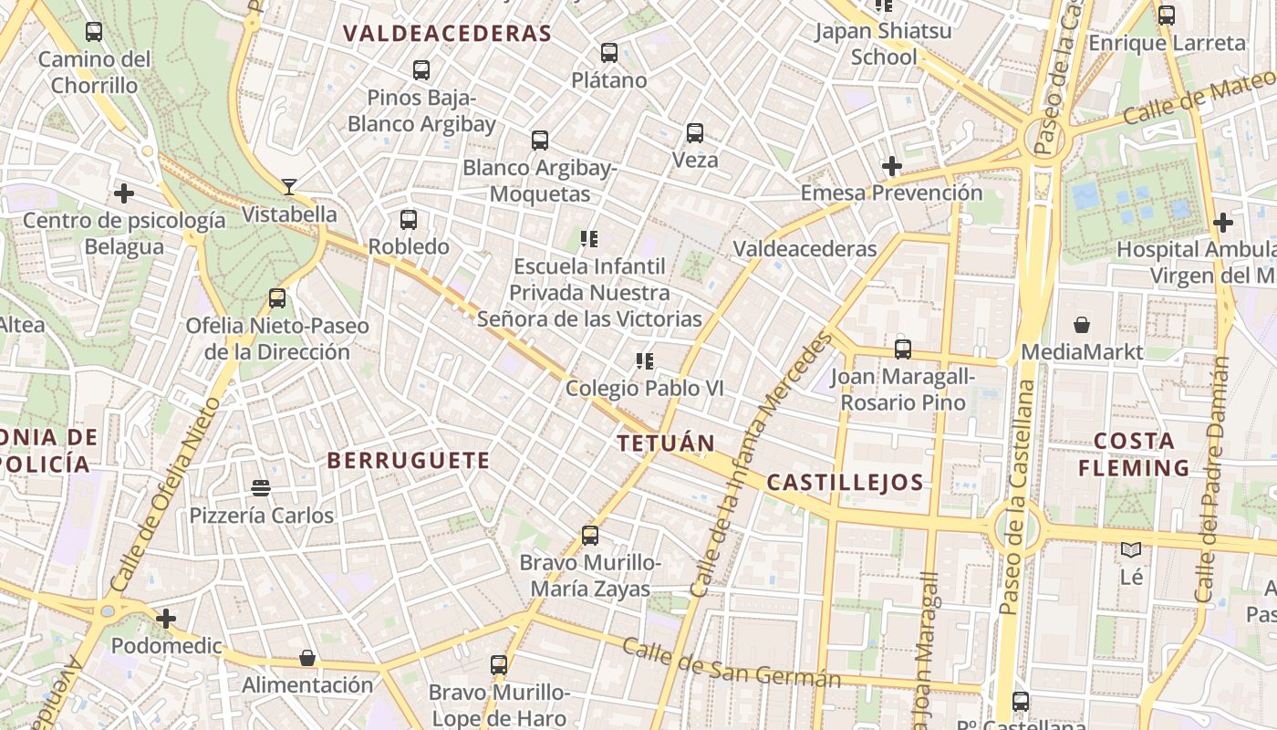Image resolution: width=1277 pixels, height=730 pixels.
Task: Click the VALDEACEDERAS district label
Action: pyautogui.click(x=447, y=34)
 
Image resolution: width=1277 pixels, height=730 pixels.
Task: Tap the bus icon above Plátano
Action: pyautogui.click(x=609, y=53)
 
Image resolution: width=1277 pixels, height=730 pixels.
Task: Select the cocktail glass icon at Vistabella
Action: pyautogui.click(x=289, y=187)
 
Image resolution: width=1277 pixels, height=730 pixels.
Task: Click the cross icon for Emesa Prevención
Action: pyautogui.click(x=892, y=166)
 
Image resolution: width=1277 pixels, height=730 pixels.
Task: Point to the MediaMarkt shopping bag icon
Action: pyautogui.click(x=1082, y=325)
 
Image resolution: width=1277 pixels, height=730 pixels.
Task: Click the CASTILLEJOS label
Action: pyautogui.click(x=845, y=483)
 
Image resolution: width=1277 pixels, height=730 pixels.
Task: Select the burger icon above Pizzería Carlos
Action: pyautogui.click(x=261, y=488)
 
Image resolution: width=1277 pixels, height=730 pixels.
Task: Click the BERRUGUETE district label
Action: pyautogui.click(x=409, y=461)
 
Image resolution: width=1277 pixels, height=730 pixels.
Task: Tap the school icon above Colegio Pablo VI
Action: pyautogui.click(x=645, y=361)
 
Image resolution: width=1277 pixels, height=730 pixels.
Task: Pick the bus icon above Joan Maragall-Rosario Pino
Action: pyautogui.click(x=903, y=349)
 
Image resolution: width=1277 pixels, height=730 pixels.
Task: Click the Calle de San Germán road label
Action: pyautogui.click(x=730, y=663)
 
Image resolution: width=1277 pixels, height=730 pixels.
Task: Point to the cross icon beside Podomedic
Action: pyautogui.click(x=165, y=620)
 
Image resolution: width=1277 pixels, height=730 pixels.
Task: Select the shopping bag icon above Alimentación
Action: pyautogui.click(x=307, y=658)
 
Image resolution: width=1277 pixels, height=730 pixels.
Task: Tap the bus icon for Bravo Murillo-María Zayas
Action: pyautogui.click(x=590, y=536)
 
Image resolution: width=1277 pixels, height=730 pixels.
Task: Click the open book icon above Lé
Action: pyautogui.click(x=1131, y=550)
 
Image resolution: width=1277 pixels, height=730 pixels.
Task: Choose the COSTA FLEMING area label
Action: pyautogui.click(x=1134, y=454)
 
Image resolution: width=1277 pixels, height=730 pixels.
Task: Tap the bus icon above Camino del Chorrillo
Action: pyautogui.click(x=94, y=32)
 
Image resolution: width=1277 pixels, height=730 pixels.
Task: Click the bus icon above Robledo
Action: pyautogui.click(x=409, y=220)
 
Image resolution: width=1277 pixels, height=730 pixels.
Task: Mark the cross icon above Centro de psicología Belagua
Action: pyautogui.click(x=124, y=193)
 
